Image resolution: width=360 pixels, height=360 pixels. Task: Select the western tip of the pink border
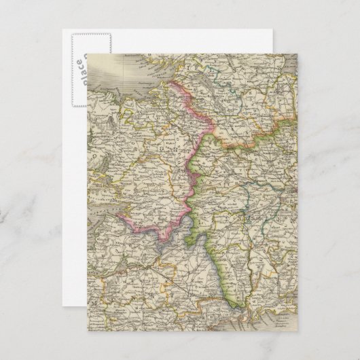(118, 217)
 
